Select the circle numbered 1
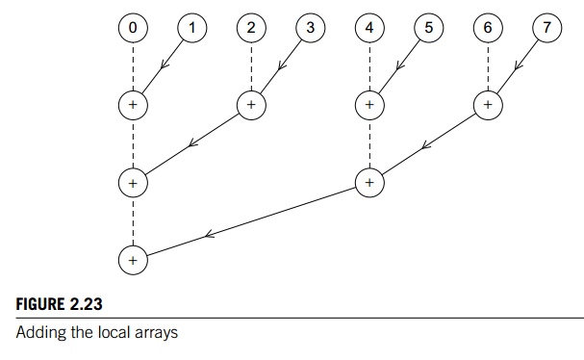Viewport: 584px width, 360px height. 191,28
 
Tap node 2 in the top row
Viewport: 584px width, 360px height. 250,28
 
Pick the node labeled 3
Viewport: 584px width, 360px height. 310,28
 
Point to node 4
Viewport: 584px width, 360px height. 369,28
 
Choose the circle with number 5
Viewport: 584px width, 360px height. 428,28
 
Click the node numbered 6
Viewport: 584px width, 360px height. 488,28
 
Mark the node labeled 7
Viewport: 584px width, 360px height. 546,28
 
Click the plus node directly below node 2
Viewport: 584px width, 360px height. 250,103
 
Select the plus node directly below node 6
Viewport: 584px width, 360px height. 488,103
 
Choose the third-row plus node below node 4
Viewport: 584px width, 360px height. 369,181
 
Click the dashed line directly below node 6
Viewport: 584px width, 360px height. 488,65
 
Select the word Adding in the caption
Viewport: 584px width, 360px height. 36,334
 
